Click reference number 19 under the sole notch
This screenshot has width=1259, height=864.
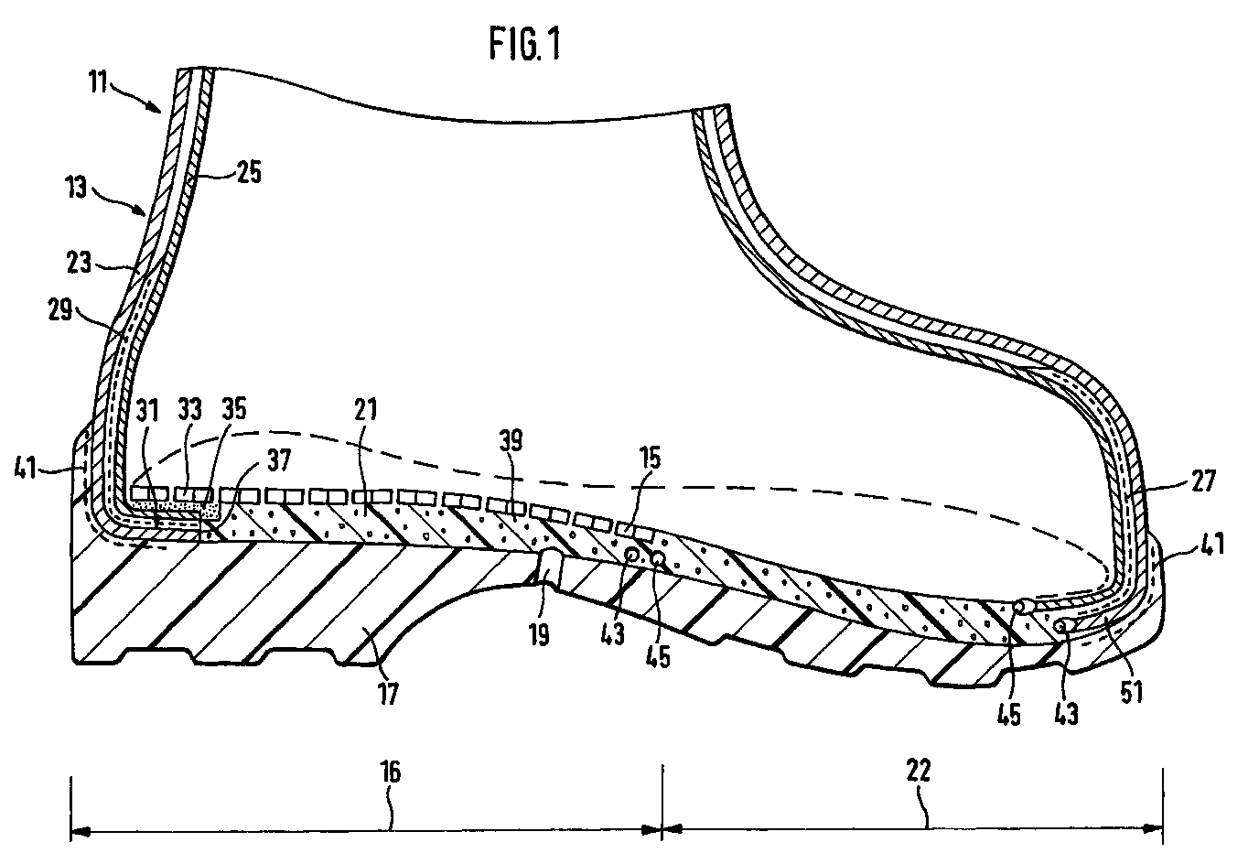pos(538,634)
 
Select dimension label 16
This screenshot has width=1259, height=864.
pos(391,771)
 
